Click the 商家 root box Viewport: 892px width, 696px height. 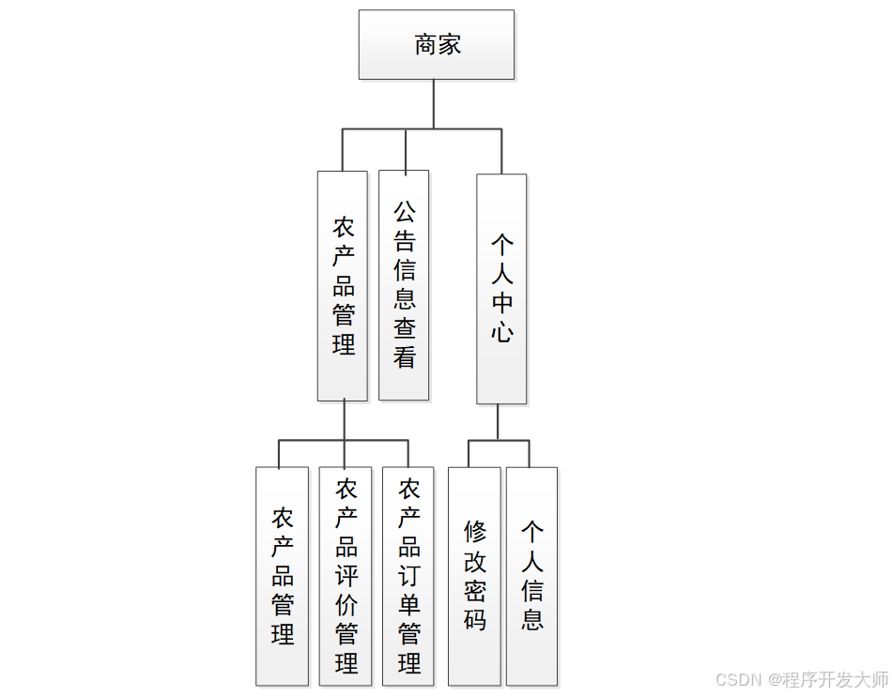point(437,44)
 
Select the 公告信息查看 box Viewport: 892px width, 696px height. point(404,284)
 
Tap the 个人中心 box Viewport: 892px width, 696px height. point(501,289)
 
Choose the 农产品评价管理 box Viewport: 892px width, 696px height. point(346,576)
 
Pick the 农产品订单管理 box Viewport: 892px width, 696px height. point(408,576)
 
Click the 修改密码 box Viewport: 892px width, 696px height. point(474,576)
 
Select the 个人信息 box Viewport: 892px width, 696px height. point(531,576)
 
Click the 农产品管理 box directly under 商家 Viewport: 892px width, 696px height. point(343,286)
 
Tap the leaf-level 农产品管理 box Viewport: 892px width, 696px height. point(282,576)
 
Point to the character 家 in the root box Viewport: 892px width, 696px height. point(450,44)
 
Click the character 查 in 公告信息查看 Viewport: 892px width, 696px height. point(405,328)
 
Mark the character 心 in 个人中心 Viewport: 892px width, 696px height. point(502,332)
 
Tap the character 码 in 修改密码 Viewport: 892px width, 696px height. point(475,619)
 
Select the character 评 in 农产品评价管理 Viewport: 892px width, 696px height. point(346,576)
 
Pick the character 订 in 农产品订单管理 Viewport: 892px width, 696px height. point(409,576)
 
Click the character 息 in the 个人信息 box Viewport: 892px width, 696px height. point(532,619)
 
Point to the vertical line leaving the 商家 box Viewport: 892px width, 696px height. point(433,103)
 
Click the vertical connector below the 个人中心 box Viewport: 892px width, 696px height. point(498,421)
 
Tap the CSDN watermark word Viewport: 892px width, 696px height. point(737,679)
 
